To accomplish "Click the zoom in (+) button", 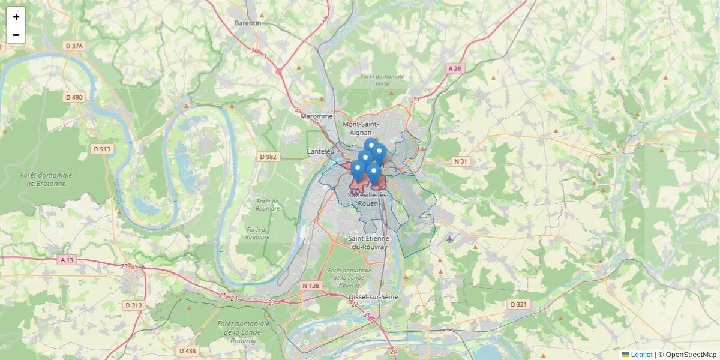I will (x=16, y=17).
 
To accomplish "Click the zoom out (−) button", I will (x=16, y=35).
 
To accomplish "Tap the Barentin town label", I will (x=248, y=23).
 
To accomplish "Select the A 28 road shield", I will (x=455, y=69).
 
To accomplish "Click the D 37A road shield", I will (x=74, y=46).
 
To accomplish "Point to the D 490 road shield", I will (x=74, y=97).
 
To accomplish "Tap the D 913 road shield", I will (x=102, y=149).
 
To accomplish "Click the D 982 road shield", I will (x=268, y=157).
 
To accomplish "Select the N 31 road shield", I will (x=460, y=161).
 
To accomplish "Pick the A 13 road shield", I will (x=67, y=260).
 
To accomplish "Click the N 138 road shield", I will (x=311, y=286).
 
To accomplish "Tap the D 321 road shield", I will (x=518, y=304).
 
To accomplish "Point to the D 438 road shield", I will (x=187, y=350).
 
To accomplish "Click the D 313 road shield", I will (x=134, y=305).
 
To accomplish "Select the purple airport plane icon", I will (x=450, y=239).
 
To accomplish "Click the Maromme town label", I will (x=316, y=116).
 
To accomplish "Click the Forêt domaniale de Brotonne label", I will (x=46, y=179).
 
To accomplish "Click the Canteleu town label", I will (x=320, y=151).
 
